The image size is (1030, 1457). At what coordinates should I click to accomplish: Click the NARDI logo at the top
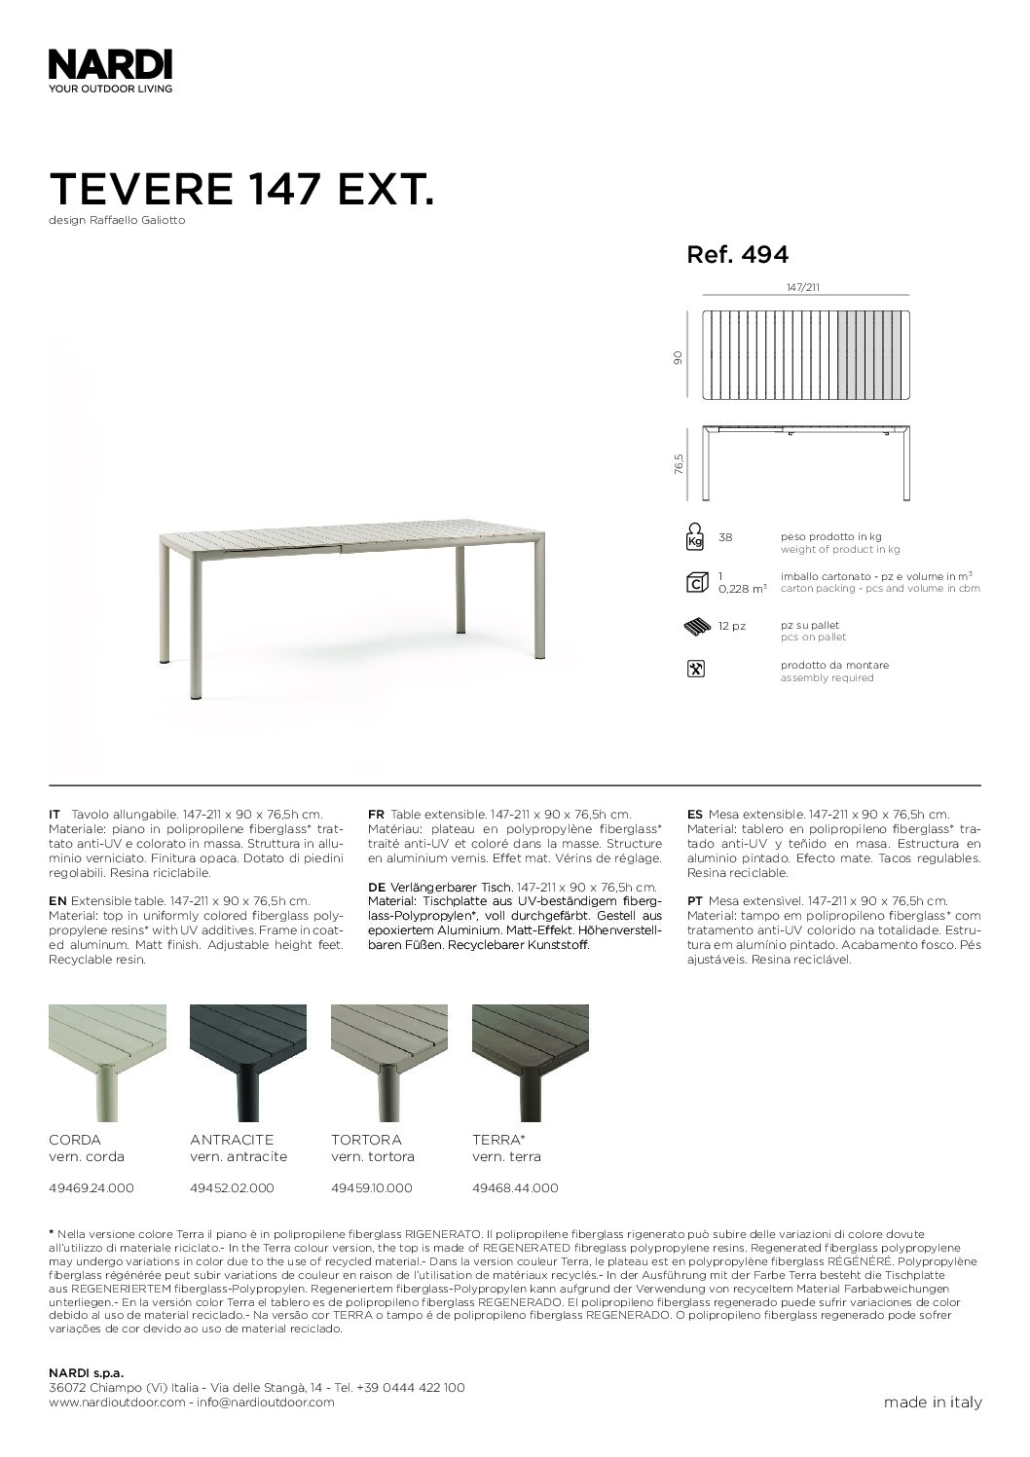pos(110,66)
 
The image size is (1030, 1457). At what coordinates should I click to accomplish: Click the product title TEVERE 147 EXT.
pos(239,188)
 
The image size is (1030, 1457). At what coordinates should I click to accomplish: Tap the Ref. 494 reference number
pos(737,255)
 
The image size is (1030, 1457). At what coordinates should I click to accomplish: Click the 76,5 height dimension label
pos(679,462)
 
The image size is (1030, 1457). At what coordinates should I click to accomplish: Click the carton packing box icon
pos(695,583)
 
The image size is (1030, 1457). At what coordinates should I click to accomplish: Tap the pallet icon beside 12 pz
pos(696,627)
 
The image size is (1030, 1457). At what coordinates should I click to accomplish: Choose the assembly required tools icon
pos(695,670)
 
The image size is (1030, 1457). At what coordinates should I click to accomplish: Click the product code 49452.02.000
pos(232,1188)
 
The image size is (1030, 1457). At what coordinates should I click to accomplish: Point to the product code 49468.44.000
pos(515,1188)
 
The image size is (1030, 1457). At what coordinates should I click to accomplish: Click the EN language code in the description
pos(57,902)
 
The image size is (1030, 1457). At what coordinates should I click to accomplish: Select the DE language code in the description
pos(376,888)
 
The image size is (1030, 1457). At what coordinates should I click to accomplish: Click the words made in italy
pos(932,1402)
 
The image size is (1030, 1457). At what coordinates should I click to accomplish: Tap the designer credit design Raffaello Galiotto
pos(117,220)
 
